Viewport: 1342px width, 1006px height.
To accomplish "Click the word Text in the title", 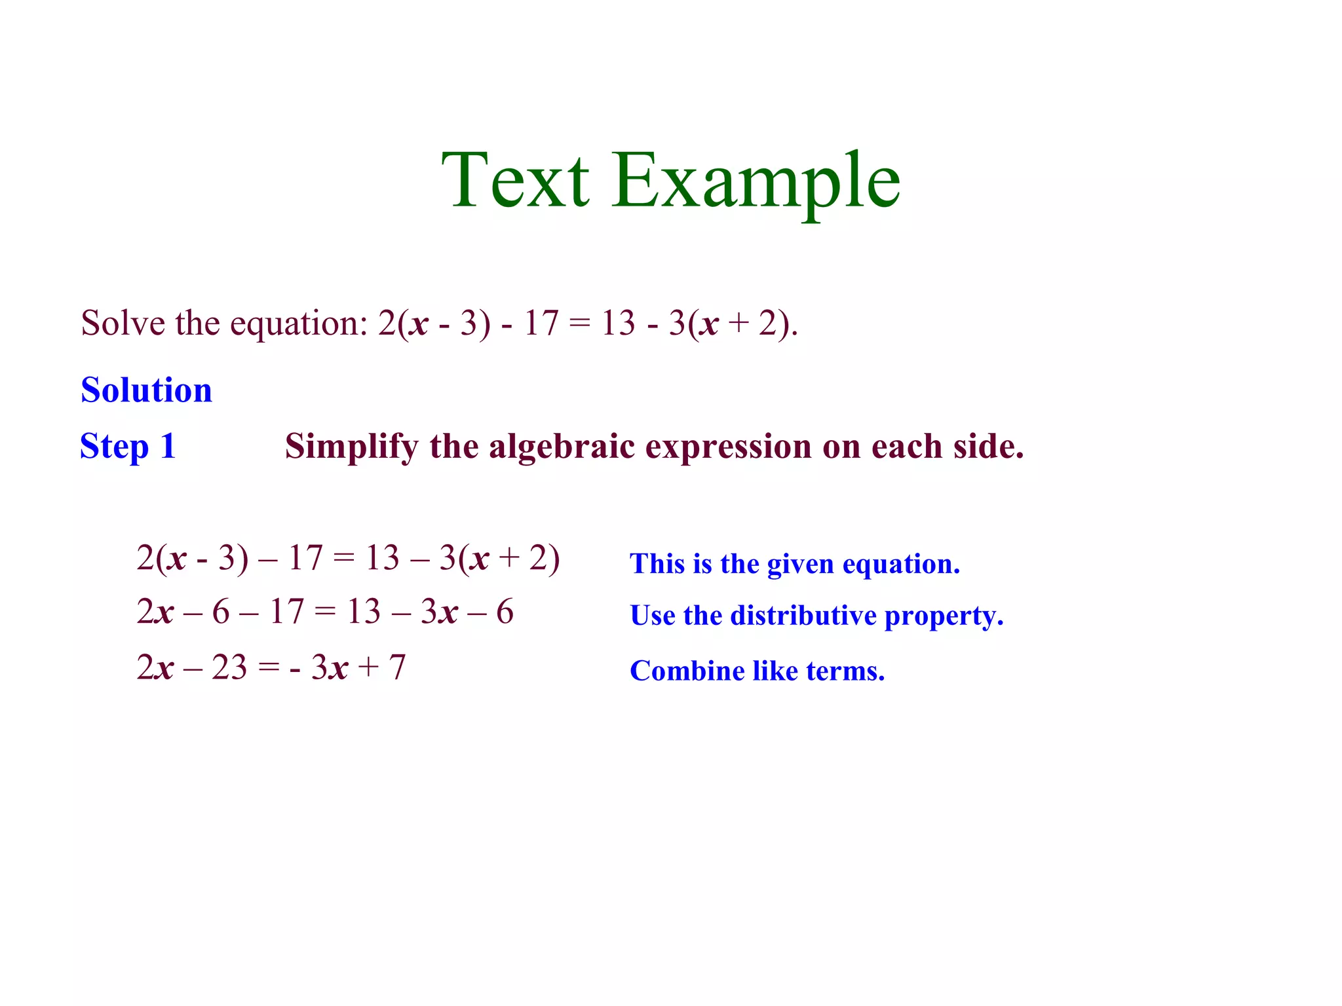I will [x=515, y=179].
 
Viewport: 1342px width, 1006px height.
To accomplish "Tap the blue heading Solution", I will [x=146, y=390].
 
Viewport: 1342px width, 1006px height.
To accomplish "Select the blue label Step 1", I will [x=128, y=447].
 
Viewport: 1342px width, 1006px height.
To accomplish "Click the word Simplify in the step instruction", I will [x=351, y=448].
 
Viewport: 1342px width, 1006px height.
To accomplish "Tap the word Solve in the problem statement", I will [x=123, y=323].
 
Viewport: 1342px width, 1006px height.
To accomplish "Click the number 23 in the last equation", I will [x=229, y=668].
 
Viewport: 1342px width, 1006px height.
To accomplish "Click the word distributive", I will [x=803, y=616].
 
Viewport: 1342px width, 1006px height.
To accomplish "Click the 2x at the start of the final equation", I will [x=155, y=668].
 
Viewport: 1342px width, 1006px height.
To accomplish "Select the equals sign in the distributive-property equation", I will [x=324, y=612].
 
